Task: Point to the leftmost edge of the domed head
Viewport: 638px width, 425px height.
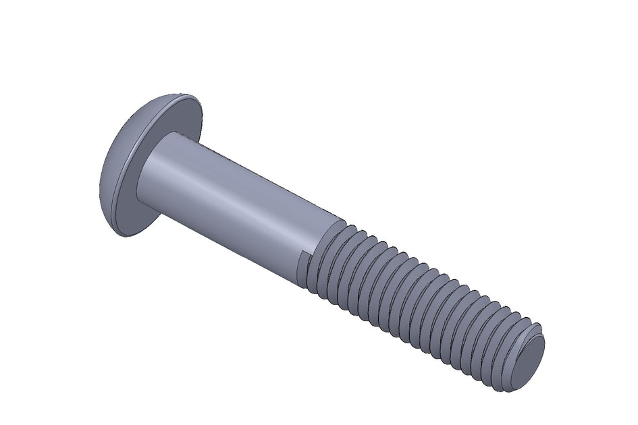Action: pyautogui.click(x=99, y=182)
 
